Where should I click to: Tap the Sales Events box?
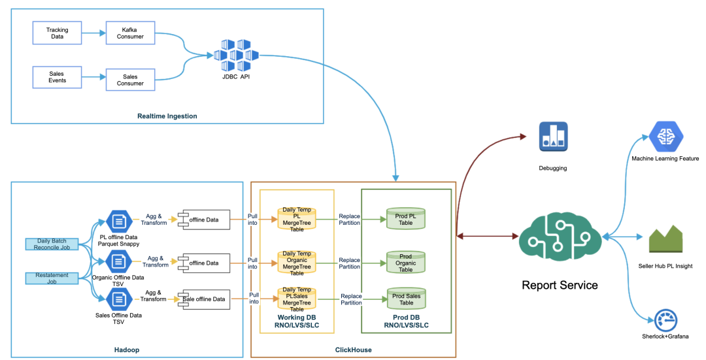(57, 78)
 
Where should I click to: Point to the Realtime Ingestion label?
(167, 116)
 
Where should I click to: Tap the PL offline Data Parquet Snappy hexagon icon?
(119, 221)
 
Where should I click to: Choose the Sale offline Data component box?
(206, 299)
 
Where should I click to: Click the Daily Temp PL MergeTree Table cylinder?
(297, 218)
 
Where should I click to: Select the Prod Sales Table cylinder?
(406, 299)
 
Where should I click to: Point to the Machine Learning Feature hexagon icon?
(665, 137)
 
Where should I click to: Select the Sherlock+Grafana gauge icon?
(665, 320)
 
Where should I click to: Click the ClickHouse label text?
(353, 350)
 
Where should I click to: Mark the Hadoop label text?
(127, 350)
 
